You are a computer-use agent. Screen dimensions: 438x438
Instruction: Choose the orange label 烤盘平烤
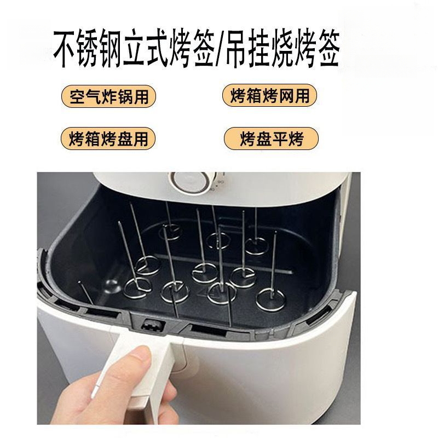271,138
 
